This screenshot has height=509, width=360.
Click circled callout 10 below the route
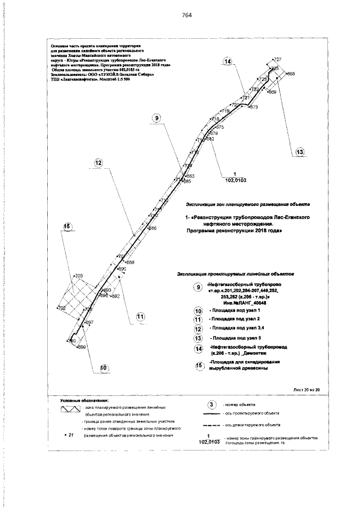click(x=103, y=368)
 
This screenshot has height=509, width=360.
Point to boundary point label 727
click(x=277, y=59)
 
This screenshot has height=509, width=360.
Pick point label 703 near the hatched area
click(x=79, y=276)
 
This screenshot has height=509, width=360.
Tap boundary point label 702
click(x=62, y=309)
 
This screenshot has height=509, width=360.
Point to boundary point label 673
click(x=253, y=107)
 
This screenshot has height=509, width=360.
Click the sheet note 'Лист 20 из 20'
click(x=306, y=389)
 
